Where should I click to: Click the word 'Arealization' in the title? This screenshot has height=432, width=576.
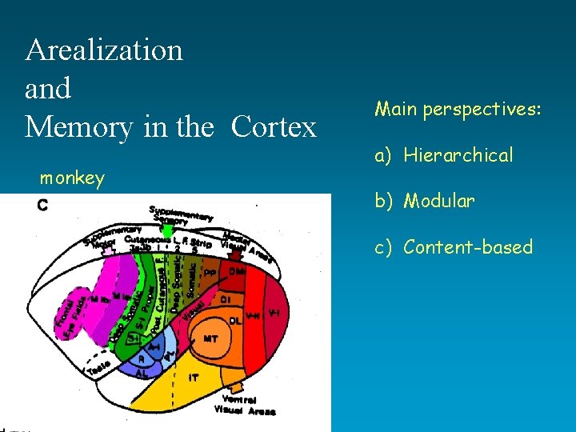click(x=104, y=50)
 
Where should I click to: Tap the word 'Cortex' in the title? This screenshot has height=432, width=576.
click(x=274, y=127)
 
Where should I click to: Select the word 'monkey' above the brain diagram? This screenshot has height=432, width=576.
click(x=72, y=178)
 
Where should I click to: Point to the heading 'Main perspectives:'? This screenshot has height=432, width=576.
click(x=457, y=108)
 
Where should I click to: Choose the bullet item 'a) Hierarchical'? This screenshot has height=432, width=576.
click(x=444, y=155)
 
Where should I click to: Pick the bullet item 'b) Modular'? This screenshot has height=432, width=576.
click(x=425, y=201)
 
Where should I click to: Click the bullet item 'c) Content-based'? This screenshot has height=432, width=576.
click(x=454, y=247)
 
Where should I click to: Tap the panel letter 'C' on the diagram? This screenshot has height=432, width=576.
click(x=42, y=206)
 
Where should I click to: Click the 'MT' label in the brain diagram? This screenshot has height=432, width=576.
click(x=210, y=339)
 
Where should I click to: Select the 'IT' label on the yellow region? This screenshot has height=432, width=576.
click(x=193, y=376)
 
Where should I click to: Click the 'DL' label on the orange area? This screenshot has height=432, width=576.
click(x=234, y=321)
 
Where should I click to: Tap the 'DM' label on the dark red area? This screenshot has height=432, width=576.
click(x=238, y=272)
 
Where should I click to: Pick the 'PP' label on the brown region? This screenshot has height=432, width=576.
click(x=210, y=273)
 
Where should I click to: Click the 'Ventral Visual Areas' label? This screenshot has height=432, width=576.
click(x=245, y=405)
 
